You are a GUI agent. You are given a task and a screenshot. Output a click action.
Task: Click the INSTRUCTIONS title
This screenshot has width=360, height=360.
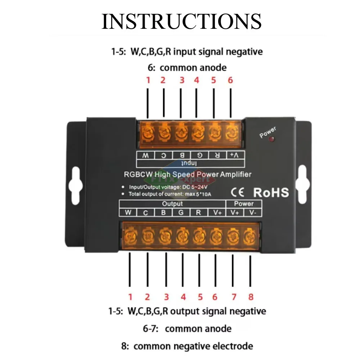[x=181, y=22]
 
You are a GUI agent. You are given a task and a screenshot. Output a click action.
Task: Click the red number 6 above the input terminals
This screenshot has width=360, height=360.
[x=230, y=80]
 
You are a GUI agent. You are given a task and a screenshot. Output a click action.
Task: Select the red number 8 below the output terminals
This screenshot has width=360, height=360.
[x=251, y=297]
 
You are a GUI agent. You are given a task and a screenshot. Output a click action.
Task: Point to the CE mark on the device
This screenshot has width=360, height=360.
[x=238, y=192]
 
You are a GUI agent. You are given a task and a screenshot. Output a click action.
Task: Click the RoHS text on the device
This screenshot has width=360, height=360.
[x=271, y=192]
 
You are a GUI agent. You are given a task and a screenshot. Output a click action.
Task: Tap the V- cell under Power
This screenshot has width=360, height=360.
[x=253, y=212]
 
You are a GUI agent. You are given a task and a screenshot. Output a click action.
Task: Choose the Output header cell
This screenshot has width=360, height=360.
[x=172, y=204]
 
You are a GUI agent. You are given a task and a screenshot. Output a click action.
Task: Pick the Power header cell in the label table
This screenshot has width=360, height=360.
[x=244, y=204]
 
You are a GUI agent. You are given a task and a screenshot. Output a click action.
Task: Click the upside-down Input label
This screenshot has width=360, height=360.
[x=188, y=163]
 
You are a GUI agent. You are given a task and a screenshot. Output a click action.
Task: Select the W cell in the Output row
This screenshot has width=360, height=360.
[x=128, y=212]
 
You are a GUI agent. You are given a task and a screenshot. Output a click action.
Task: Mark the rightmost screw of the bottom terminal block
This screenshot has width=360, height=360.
[x=248, y=237]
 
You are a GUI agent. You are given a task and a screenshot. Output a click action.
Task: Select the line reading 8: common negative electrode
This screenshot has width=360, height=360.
[x=187, y=346]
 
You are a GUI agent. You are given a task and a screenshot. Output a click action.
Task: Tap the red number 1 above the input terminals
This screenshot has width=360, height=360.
[x=148, y=80]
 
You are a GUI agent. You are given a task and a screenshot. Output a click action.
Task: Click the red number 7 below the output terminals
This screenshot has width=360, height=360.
[x=234, y=297]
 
